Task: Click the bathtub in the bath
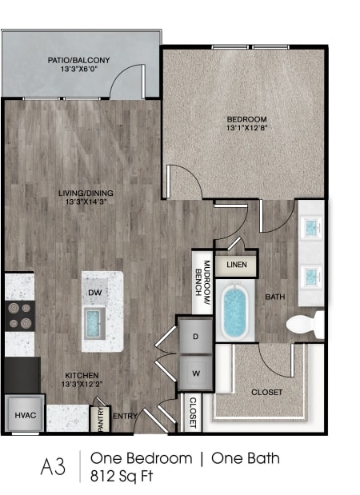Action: [x=235, y=311]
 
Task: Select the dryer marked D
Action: [x=195, y=337]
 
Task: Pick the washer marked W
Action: [x=195, y=373]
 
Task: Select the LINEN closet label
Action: [x=237, y=264]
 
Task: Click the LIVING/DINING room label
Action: [x=85, y=193]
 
